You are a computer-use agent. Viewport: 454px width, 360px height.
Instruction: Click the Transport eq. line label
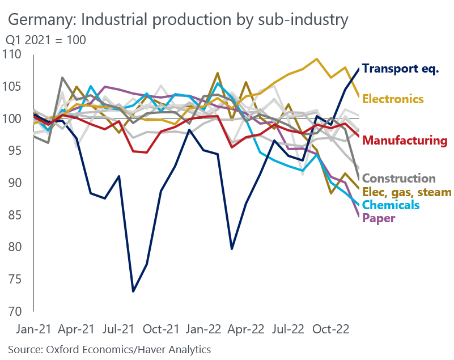click(400, 69)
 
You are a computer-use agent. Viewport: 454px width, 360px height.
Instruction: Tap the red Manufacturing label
click(405, 141)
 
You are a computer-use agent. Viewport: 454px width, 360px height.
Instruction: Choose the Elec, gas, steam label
click(406, 192)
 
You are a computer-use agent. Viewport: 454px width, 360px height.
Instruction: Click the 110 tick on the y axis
click(12, 55)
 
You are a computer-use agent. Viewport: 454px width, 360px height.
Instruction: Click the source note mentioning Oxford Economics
click(109, 349)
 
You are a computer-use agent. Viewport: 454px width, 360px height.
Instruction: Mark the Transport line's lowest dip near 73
click(133, 291)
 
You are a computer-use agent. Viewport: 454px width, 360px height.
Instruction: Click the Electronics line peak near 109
click(317, 59)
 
